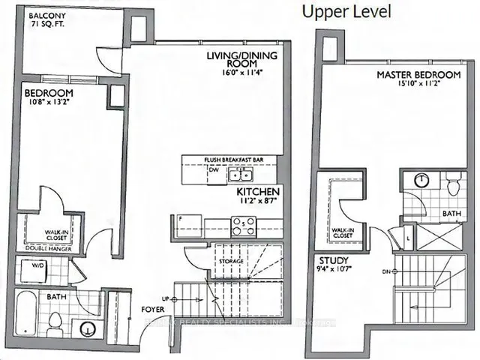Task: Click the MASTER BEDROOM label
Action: tap(418, 76)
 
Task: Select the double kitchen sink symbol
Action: tap(241, 175)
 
